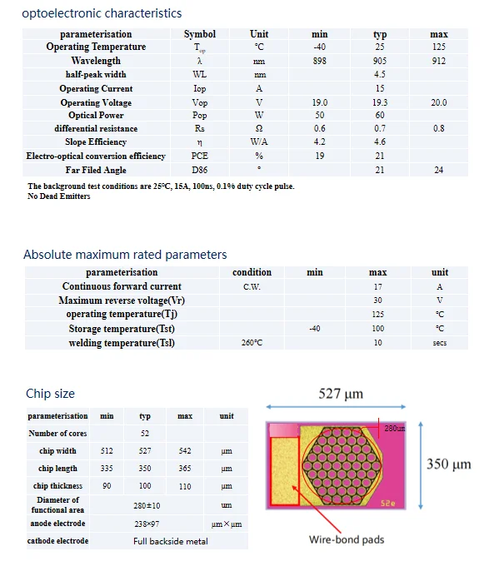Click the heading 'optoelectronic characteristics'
(x=102, y=13)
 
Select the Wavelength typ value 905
(x=380, y=61)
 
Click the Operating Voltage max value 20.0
(x=438, y=102)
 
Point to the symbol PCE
(x=199, y=156)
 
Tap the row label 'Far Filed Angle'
(x=96, y=170)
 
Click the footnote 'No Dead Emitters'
(x=58, y=196)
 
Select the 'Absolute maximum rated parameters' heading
(x=125, y=255)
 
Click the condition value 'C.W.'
(x=252, y=286)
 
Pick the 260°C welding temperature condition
(x=252, y=343)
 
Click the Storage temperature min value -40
(x=314, y=329)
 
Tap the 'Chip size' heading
(x=51, y=394)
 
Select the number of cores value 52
(x=145, y=434)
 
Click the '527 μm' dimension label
(x=342, y=394)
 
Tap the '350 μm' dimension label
(x=449, y=464)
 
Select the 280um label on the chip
(x=394, y=428)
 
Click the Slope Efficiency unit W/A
(x=259, y=142)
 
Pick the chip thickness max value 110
(x=185, y=486)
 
